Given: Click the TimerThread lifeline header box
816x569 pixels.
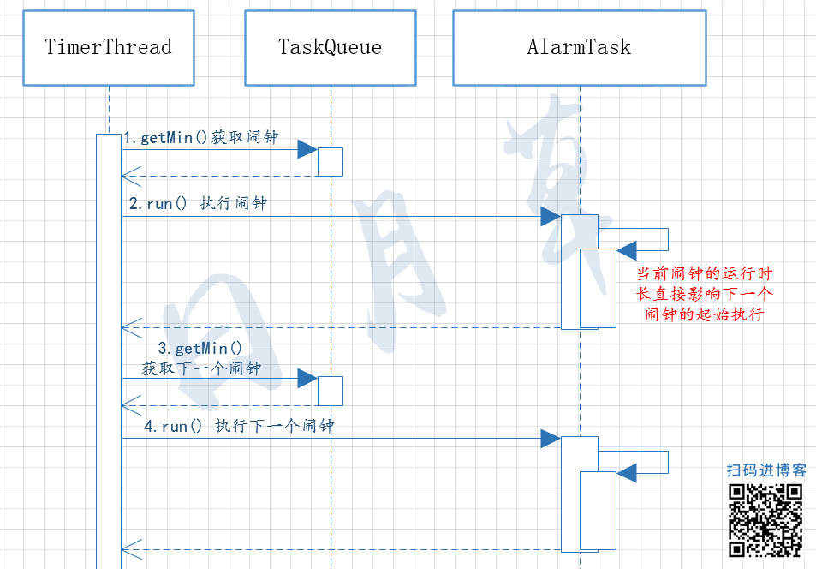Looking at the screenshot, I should [109, 48].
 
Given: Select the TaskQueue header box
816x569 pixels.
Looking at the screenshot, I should [331, 48].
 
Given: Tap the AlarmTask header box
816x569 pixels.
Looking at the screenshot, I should [580, 48].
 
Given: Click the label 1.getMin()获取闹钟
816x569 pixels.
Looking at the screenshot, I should [200, 138].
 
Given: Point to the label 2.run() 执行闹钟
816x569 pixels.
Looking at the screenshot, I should [198, 205].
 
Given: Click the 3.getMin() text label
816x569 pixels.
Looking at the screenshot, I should [200, 349].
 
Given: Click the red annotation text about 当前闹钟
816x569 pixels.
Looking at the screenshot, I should [704, 294].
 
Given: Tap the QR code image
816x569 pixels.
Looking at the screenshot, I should [765, 520].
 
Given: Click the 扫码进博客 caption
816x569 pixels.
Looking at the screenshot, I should [766, 470].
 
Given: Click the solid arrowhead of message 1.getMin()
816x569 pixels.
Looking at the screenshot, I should [307, 150].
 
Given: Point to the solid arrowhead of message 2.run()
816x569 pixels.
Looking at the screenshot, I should [551, 217].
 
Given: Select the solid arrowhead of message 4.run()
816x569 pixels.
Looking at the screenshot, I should [551, 440].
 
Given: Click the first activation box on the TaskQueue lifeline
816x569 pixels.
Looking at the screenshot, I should [331, 162].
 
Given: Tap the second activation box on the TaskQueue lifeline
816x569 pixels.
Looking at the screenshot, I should [331, 391].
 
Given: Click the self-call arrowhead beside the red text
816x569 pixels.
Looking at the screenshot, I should [627, 250].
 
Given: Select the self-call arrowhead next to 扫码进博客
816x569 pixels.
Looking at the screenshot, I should [627, 472].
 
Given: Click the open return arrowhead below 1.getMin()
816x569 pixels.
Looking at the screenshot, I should [130, 177].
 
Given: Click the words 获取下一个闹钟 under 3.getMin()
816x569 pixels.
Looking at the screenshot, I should [201, 368].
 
